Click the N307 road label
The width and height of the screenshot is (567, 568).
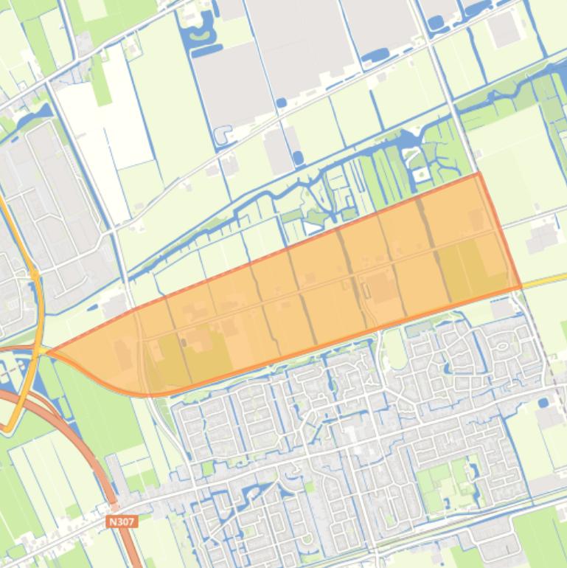122,522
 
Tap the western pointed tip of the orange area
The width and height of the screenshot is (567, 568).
49,352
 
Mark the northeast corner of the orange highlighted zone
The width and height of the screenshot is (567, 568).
479,174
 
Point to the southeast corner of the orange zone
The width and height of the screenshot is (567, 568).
521,287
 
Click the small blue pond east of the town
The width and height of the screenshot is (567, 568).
543,403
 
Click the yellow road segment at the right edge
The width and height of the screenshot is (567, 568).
549,280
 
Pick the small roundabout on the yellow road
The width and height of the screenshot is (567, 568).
35,274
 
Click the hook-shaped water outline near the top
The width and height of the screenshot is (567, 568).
221,135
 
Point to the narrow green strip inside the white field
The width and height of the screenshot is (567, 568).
100,81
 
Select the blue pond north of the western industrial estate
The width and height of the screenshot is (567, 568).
29,118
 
